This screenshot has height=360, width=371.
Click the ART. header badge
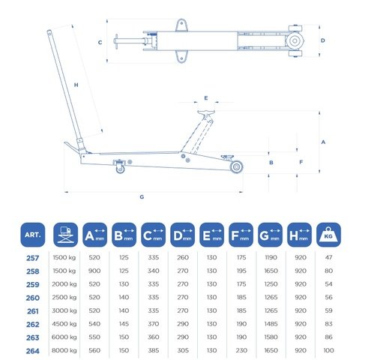pos(33,235)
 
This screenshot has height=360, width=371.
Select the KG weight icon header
pos(328,235)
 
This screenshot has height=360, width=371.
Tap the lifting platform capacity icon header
pos(65,235)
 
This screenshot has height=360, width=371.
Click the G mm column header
pos(270,235)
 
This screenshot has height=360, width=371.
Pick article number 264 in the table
pos(33,351)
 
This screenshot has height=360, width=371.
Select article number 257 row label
pos(33,258)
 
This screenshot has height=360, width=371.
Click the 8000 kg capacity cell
pos(64,350)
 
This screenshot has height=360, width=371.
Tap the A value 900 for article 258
pos(94,271)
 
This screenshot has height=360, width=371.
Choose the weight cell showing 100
pos(328,350)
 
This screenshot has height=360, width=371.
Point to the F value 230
pos(241,350)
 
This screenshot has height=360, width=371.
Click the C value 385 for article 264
pos(154,350)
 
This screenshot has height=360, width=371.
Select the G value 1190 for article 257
pos(271,257)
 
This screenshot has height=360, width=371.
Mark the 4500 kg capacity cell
pos(64,324)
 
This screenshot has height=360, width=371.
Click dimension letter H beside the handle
pos(76,85)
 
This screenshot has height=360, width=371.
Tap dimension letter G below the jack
pos(142,196)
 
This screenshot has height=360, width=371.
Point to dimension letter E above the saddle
pos(206,97)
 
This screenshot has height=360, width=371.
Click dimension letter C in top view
pos(100,43)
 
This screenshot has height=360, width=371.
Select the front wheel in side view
pos(236,167)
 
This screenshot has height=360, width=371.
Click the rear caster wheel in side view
pos(120,169)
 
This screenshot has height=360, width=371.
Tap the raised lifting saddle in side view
pos(206,112)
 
